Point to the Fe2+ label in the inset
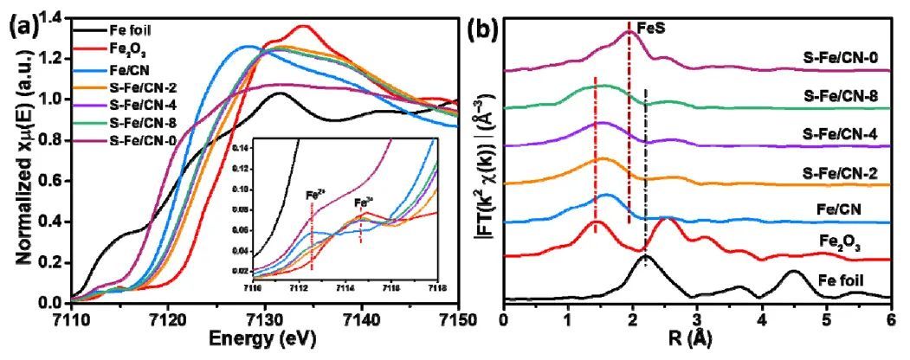click(314, 196)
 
